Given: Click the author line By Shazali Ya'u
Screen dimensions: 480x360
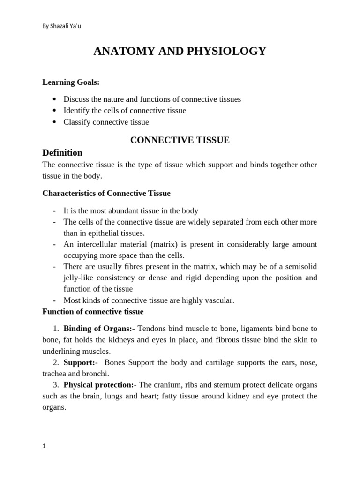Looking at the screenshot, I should point(62,25).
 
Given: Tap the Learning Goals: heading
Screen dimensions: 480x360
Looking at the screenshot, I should point(71,82).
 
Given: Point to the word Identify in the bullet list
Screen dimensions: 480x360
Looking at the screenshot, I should point(76,111).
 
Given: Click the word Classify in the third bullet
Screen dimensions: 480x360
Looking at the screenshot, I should point(77,122).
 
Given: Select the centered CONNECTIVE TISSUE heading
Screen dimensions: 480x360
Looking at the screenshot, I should point(180,140).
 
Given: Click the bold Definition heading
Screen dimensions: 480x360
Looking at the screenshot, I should point(62,152).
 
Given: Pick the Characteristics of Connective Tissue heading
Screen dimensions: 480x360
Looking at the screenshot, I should point(106,193).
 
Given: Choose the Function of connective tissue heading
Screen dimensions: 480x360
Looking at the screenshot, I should point(93,311).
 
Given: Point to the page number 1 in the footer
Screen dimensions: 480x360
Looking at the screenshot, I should point(44,447).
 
